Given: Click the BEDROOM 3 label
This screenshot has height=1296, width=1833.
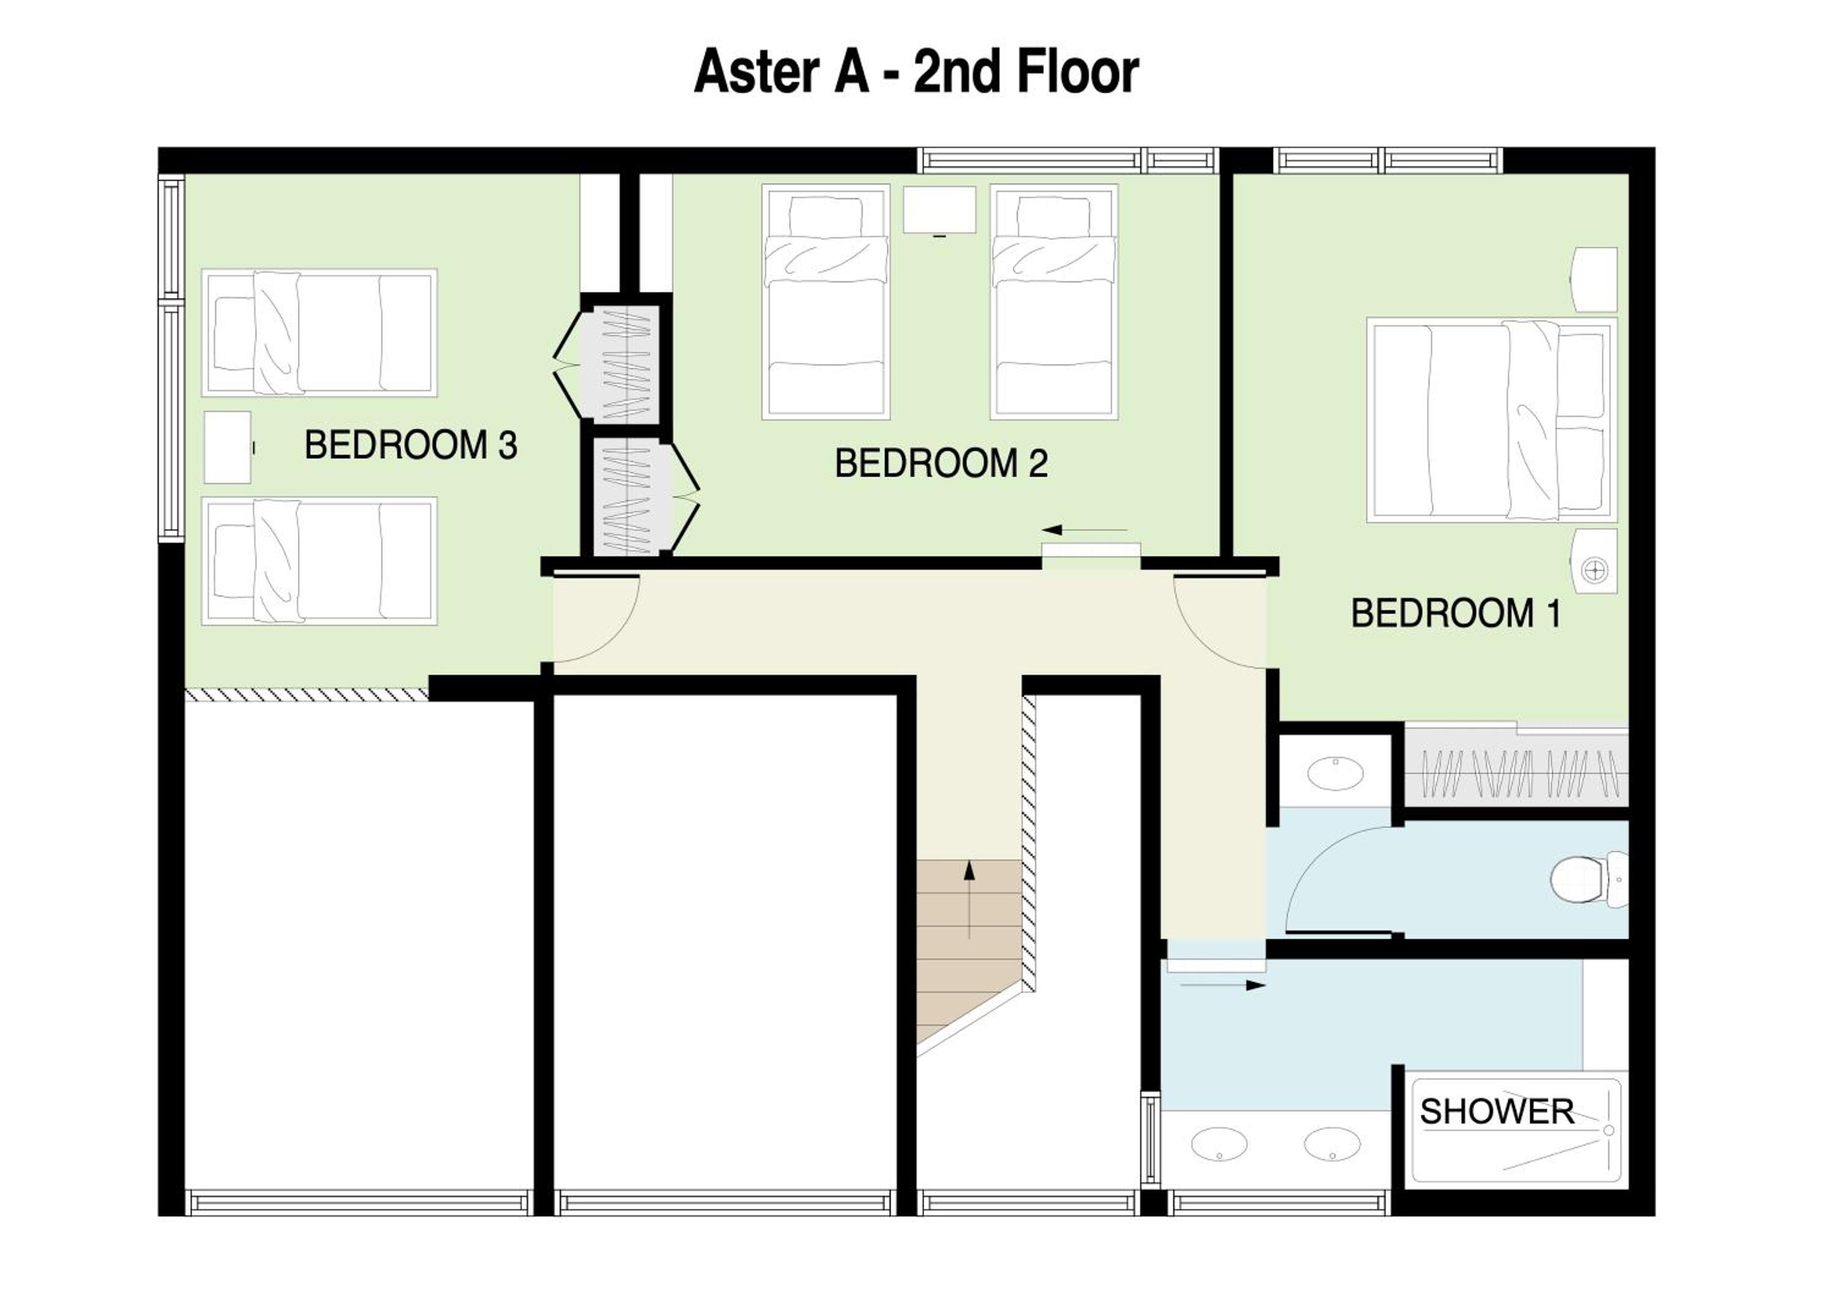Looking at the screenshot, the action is click(x=411, y=445).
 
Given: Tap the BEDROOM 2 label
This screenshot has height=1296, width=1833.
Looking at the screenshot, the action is click(x=942, y=463).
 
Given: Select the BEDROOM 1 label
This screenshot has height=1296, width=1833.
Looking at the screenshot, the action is click(x=1456, y=613).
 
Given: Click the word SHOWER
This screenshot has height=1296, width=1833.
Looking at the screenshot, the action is click(x=1497, y=1111).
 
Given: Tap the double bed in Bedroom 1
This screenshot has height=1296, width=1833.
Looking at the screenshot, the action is click(x=1492, y=420).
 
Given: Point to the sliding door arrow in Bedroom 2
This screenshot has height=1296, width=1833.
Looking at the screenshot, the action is click(x=1084, y=529).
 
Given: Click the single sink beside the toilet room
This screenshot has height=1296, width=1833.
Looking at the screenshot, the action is click(x=1335, y=773).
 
